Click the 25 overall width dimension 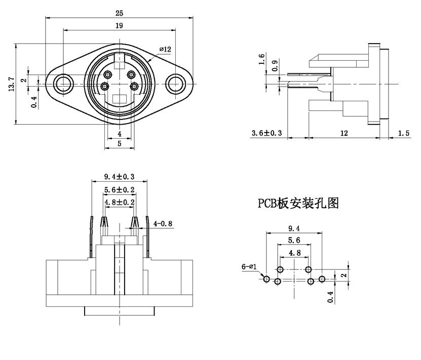(x=120, y=12)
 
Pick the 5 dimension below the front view (x=120, y=144)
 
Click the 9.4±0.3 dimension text (x=119, y=177)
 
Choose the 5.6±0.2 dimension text (x=119, y=189)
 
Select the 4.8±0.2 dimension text (x=119, y=202)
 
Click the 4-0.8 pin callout (x=164, y=222)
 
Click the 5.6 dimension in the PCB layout (x=294, y=240)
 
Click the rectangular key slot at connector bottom (x=120, y=99)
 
